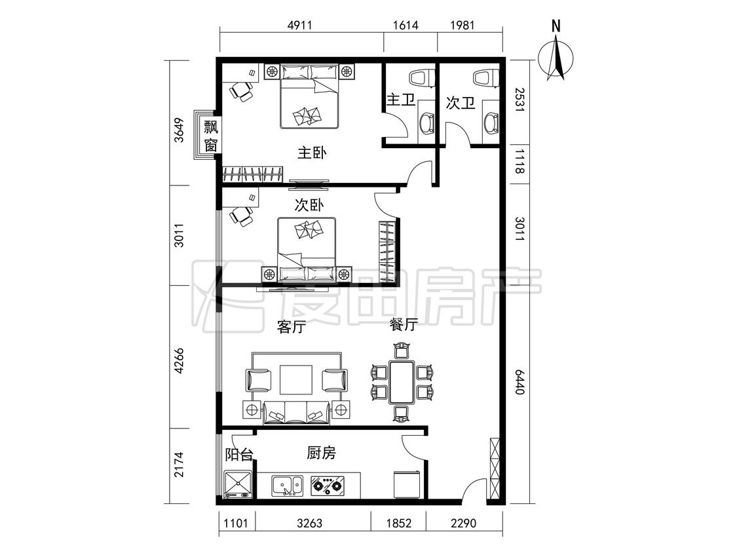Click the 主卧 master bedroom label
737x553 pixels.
coord(312,153)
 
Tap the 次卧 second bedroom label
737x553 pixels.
coord(309,205)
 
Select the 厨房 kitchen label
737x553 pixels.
coord(322,453)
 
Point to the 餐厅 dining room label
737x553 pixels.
coord(404,324)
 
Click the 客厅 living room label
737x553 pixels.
coord(292,326)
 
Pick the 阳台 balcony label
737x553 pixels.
coord(239,455)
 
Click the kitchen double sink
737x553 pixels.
coord(287,486)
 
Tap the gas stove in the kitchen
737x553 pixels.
coord(328,486)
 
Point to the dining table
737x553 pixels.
coord(402,382)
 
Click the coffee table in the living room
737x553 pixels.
coord(296,380)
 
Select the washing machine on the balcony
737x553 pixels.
coord(238,484)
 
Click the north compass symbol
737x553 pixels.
coord(556,56)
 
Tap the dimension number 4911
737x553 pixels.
coord(300,25)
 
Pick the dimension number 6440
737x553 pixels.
coord(519,382)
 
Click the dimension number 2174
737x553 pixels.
coord(179,465)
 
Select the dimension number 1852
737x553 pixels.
coord(398,523)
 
